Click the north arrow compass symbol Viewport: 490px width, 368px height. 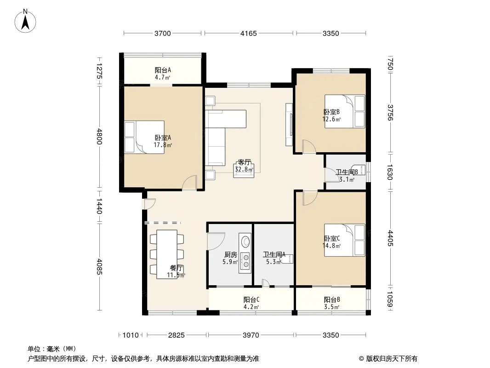[x=25, y=21]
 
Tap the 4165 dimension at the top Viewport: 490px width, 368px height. [x=248, y=33]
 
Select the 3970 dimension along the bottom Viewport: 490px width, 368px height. [x=251, y=335]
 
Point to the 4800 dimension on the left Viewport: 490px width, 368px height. [x=99, y=136]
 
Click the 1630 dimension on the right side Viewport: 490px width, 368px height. [x=390, y=172]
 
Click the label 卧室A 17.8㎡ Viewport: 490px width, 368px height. [x=163, y=141]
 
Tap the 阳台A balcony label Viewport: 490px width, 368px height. [x=163, y=70]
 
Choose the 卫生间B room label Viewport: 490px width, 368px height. [x=347, y=172]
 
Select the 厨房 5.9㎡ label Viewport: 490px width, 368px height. [x=230, y=258]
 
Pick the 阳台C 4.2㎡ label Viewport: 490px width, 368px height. [x=251, y=303]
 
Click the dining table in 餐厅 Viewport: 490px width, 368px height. [x=167, y=254]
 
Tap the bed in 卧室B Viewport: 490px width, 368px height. [x=345, y=111]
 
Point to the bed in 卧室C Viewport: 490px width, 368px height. [x=344, y=240]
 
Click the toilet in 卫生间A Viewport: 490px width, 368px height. [x=287, y=259]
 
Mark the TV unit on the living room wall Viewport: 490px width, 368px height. [x=289, y=125]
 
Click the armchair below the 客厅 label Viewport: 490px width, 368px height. [x=244, y=171]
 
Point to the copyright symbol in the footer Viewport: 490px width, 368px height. [x=361, y=359]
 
